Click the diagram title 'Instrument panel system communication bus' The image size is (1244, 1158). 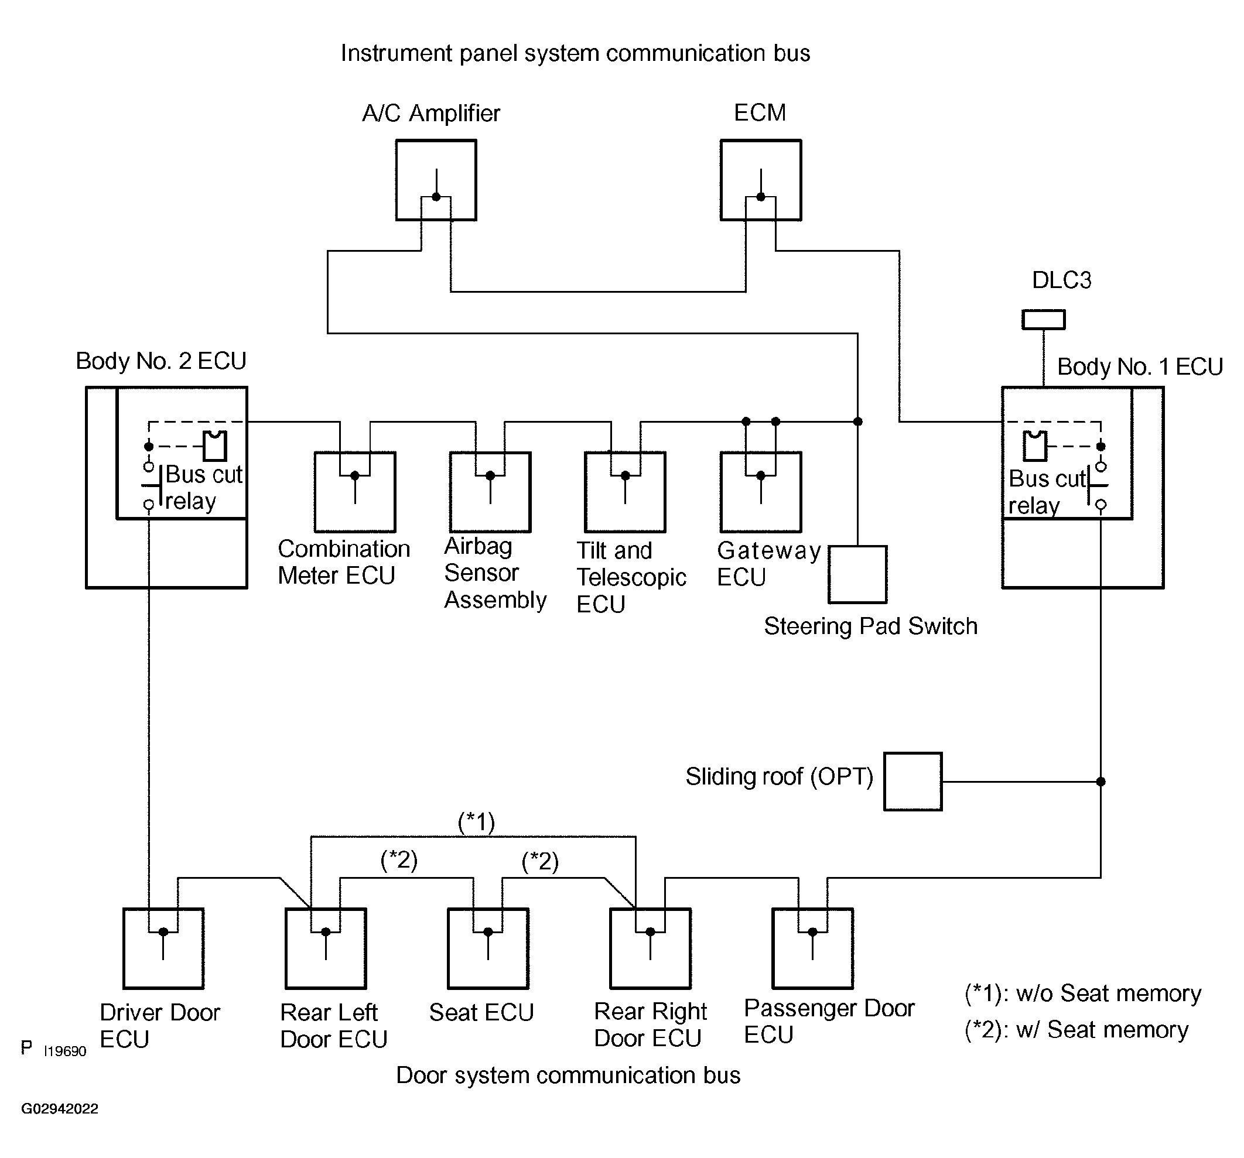[575, 54]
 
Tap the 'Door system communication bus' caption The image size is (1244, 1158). [568, 1075]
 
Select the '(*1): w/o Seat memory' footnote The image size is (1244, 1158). [1082, 993]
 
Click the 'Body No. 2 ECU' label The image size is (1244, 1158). [161, 361]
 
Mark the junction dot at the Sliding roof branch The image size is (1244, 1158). [1101, 782]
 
